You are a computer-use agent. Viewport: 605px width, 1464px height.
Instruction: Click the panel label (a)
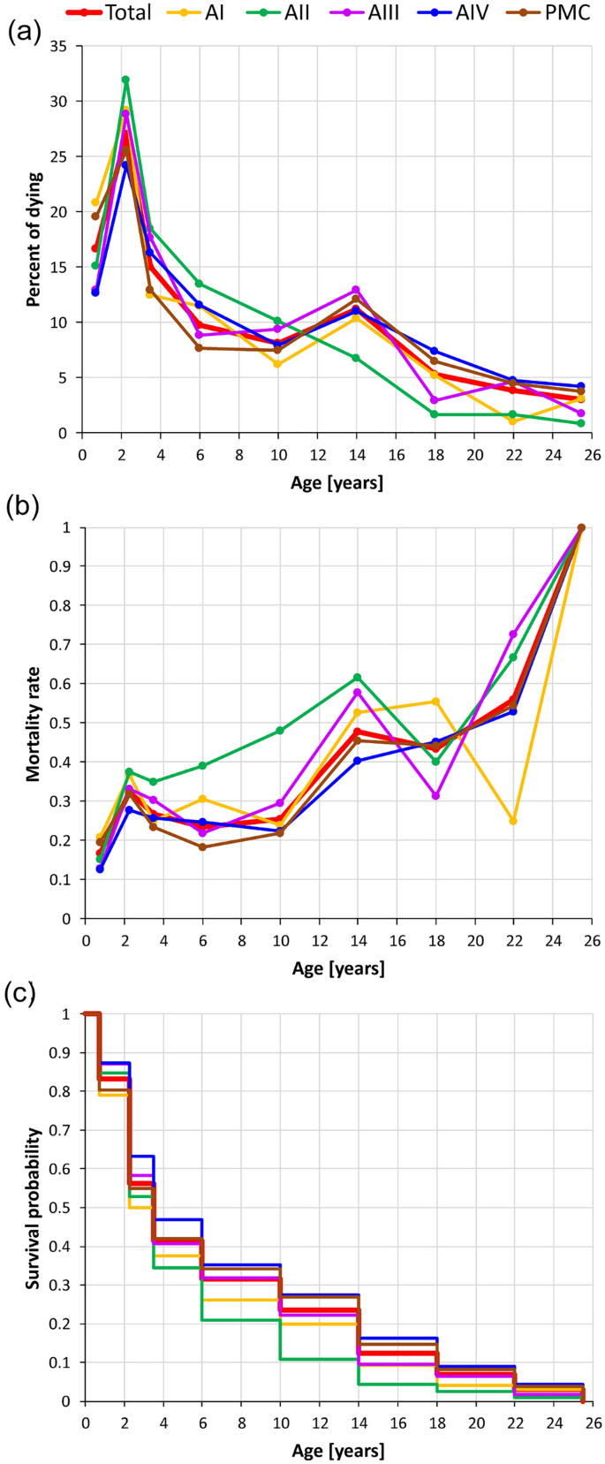tap(21, 34)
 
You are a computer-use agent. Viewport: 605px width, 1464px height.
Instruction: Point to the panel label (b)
tap(21, 507)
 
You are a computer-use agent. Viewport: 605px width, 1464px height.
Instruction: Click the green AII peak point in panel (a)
tap(125, 80)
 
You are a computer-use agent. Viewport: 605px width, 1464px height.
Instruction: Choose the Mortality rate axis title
tap(34, 723)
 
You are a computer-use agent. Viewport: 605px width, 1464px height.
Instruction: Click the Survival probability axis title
tap(34, 1208)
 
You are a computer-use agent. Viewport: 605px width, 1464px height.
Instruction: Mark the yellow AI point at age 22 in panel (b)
tap(513, 821)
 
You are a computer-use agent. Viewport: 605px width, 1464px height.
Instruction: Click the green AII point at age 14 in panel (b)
tap(357, 677)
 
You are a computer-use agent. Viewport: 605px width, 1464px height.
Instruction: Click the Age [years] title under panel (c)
tap(338, 1451)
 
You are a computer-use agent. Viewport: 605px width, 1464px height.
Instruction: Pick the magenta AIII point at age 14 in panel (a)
tap(356, 290)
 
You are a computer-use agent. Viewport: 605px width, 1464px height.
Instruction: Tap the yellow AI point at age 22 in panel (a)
tap(512, 421)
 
